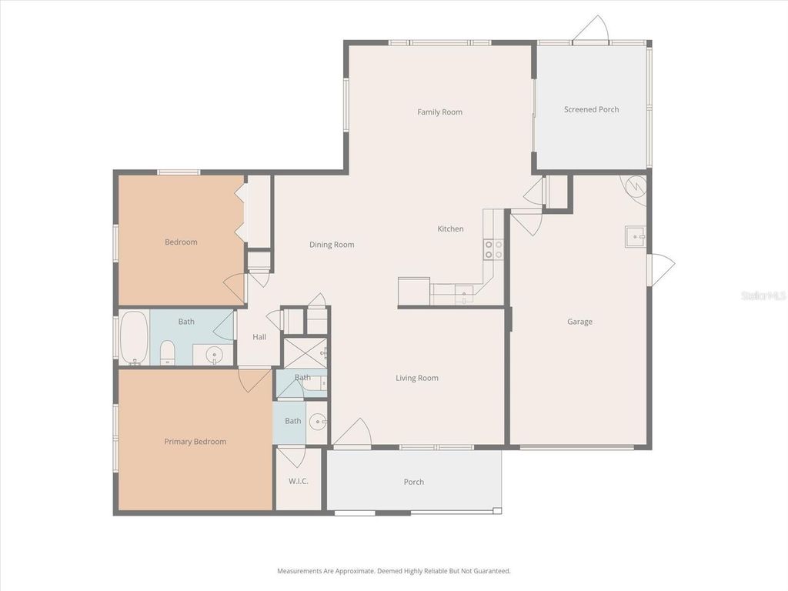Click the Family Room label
[x=439, y=112]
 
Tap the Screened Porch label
[x=591, y=109]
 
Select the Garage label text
[x=579, y=322]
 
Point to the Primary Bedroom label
[x=195, y=442]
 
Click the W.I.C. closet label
[x=298, y=482]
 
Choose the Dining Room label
[x=332, y=245]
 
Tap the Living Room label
[x=416, y=378]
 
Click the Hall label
[x=259, y=337]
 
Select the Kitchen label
[x=450, y=229]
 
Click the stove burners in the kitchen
[x=492, y=249]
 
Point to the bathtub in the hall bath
[x=135, y=337]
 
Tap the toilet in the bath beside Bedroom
[x=168, y=354]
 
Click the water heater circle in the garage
[x=636, y=187]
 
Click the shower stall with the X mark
[x=305, y=352]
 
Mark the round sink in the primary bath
[x=318, y=422]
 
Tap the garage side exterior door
[x=660, y=269]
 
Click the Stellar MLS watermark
[x=763, y=295]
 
